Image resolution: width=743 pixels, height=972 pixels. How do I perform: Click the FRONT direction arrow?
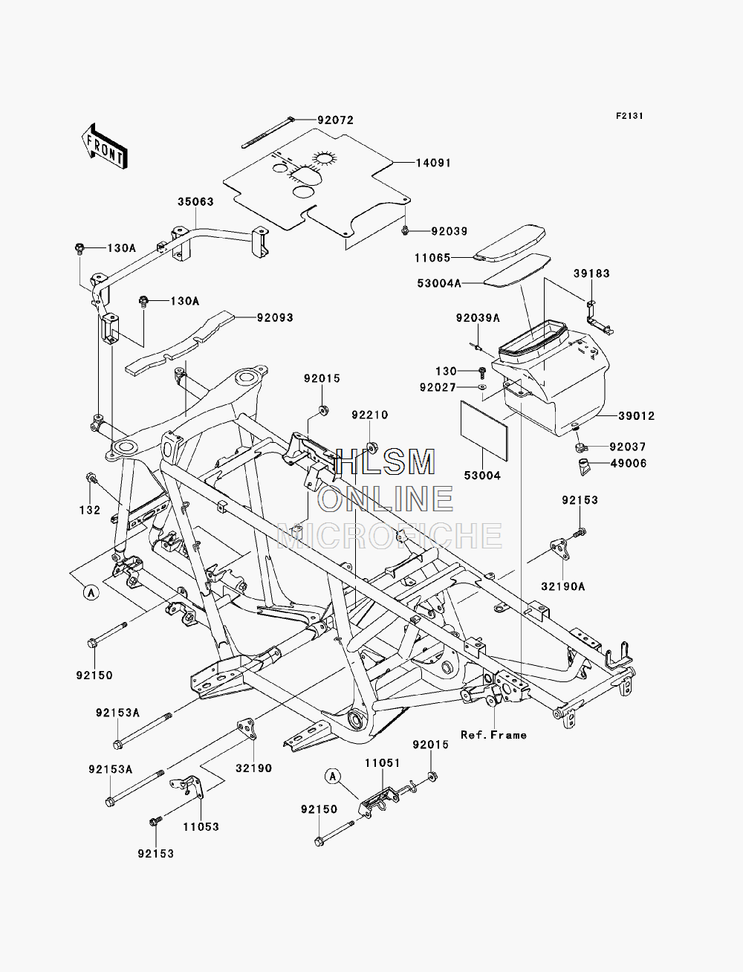pyautogui.click(x=105, y=146)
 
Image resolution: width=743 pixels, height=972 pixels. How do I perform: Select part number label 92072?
pyautogui.click(x=335, y=120)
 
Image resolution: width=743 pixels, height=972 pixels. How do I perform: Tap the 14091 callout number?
pyautogui.click(x=433, y=163)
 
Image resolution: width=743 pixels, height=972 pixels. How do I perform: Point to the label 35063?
pyautogui.click(x=195, y=202)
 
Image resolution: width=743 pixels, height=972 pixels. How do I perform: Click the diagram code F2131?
pyautogui.click(x=629, y=116)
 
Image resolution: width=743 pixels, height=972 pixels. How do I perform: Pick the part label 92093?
pyautogui.click(x=275, y=317)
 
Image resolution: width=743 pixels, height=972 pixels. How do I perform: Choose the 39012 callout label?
pyautogui.click(x=636, y=416)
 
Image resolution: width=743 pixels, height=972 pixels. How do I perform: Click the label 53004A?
pyautogui.click(x=439, y=283)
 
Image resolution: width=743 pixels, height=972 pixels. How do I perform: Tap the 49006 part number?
pyautogui.click(x=629, y=463)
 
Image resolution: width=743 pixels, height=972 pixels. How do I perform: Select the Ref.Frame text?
pyautogui.click(x=493, y=735)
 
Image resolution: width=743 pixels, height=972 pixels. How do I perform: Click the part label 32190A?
pyautogui.click(x=562, y=587)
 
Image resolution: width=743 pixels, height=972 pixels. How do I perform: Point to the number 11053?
pyautogui.click(x=201, y=827)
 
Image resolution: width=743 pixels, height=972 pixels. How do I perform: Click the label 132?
pyautogui.click(x=90, y=510)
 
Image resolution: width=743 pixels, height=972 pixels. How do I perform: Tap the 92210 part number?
pyautogui.click(x=370, y=415)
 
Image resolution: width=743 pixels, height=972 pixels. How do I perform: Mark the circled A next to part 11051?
pyautogui.click(x=333, y=776)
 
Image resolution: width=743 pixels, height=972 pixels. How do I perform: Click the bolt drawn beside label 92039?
pyautogui.click(x=405, y=230)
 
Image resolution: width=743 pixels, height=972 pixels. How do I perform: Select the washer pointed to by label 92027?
pyautogui.click(x=481, y=387)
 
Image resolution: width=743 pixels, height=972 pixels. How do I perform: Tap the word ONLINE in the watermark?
pyautogui.click(x=385, y=499)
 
